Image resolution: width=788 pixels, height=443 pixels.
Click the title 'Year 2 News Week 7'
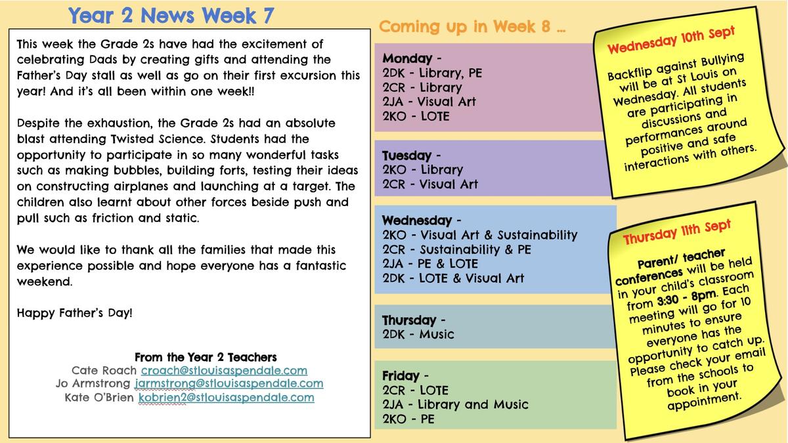171,16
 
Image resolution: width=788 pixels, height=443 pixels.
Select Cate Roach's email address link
224,370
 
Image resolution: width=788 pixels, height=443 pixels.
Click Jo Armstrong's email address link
229,383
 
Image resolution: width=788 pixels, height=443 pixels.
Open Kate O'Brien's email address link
226,398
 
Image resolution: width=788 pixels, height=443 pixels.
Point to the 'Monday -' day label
412,58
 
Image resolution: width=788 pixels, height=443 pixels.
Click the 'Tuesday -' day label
411,156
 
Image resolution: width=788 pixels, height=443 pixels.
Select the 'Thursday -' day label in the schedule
414,320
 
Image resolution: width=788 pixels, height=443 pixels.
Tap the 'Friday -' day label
405,376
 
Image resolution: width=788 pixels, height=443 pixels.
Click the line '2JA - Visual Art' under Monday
429,102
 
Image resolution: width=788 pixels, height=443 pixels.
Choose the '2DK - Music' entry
418,334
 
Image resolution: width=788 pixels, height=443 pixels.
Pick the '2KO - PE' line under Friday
408,419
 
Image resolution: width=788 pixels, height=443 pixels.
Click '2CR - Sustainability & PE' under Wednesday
456,249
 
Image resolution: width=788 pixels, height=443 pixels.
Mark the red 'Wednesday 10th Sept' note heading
671,40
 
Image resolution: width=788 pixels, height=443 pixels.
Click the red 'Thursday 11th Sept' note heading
677,232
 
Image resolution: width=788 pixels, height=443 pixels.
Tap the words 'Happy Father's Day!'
75,313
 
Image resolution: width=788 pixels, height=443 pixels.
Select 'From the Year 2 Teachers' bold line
206,357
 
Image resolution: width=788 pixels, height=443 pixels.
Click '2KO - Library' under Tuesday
422,170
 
